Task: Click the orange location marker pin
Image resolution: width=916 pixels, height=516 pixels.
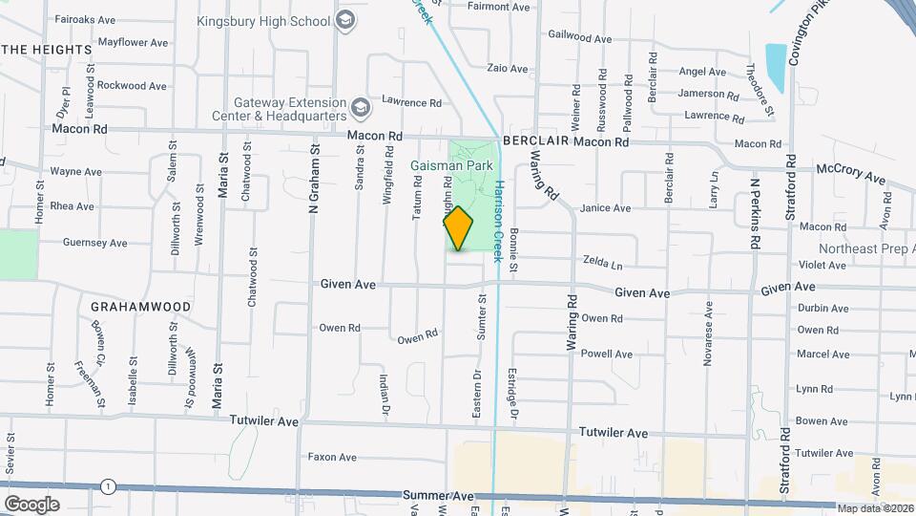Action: tap(458, 227)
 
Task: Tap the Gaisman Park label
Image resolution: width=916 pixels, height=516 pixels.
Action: tap(451, 165)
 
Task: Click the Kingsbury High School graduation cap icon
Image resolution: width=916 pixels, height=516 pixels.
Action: tap(346, 20)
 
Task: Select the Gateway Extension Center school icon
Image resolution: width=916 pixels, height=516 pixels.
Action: tap(360, 105)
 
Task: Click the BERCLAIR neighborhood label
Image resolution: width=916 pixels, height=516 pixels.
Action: tap(537, 141)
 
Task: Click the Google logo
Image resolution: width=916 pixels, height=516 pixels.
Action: tap(31, 504)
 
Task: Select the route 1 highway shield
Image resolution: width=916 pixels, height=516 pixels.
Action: tap(111, 486)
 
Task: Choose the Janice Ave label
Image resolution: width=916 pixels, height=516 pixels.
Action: tap(606, 208)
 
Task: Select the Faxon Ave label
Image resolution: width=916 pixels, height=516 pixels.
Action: tap(331, 457)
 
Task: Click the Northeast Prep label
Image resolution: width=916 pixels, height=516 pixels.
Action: tap(859, 247)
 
